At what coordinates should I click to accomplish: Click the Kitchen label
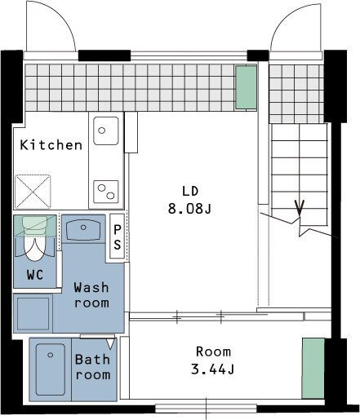51,145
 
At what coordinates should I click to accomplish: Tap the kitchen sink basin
106,130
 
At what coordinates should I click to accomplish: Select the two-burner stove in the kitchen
106,192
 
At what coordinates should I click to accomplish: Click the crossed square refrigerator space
33,192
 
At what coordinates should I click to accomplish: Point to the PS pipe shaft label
118,237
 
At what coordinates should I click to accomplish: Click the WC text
35,275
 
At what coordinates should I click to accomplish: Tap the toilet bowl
34,238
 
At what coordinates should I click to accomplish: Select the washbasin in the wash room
83,230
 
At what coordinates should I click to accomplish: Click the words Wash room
91,295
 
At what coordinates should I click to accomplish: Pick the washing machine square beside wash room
33,313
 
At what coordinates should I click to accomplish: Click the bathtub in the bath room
51,369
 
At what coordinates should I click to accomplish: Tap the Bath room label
93,367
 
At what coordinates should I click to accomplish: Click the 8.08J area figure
189,209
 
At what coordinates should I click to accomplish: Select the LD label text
190,192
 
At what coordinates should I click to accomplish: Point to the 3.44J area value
212,369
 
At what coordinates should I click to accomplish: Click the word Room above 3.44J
213,351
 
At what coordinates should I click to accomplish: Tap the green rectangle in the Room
313,369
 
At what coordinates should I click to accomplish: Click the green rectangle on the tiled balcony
246,87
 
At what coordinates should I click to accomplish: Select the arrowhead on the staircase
300,207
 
